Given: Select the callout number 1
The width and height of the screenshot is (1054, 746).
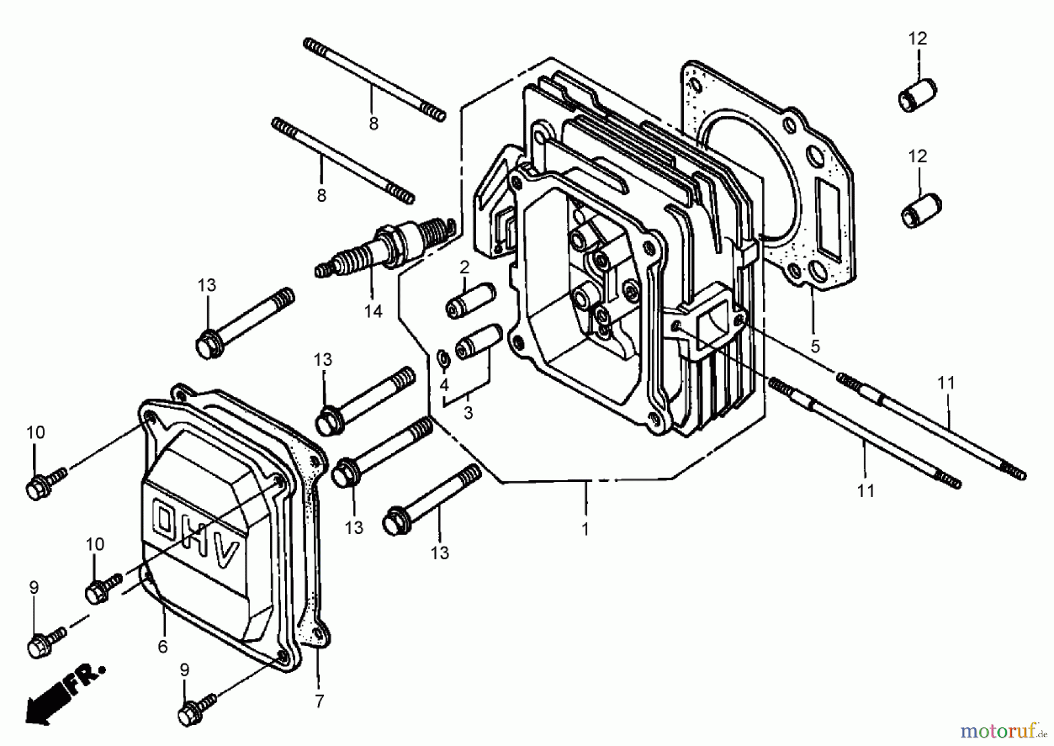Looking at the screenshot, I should pos(585,529).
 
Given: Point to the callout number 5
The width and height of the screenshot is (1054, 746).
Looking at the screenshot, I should pos(815,346).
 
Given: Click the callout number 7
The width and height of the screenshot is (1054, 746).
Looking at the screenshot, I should pos(319,701).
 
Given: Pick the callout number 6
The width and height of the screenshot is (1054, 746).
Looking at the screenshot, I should pos(163,646).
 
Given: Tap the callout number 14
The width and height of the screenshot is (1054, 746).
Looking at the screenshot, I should pos(373,312).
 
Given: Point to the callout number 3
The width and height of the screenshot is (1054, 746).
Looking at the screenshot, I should pos(468,413).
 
